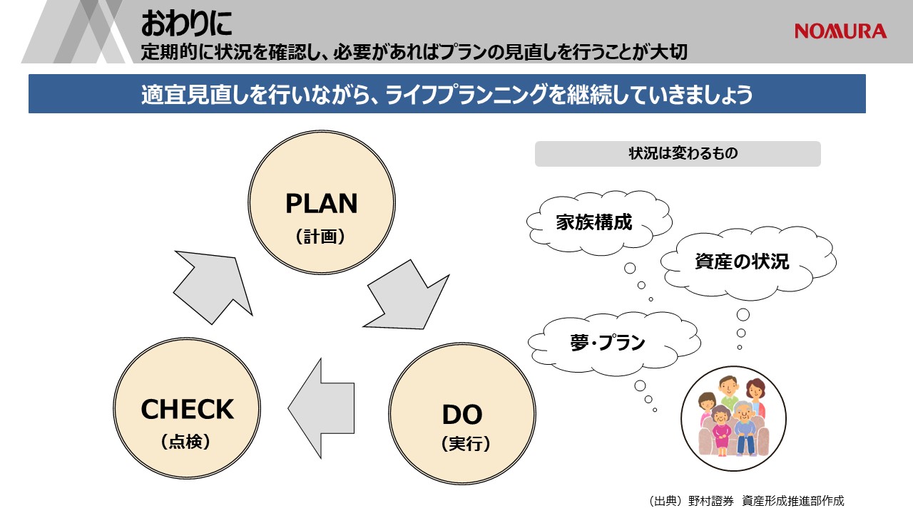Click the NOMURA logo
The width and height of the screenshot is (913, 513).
(x=840, y=31)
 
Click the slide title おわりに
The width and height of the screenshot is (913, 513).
(x=187, y=24)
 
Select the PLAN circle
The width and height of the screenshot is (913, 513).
(x=322, y=202)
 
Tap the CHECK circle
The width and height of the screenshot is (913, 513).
(x=187, y=408)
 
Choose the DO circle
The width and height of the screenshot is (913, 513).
(x=462, y=414)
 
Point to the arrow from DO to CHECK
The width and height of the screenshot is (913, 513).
(x=322, y=408)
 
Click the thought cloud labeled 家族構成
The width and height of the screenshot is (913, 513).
(x=599, y=223)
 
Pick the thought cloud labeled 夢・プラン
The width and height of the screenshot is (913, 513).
(x=614, y=343)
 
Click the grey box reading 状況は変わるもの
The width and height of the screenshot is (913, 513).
(x=678, y=153)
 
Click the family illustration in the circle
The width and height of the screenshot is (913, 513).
(x=734, y=418)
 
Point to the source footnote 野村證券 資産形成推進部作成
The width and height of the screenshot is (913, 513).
(x=747, y=500)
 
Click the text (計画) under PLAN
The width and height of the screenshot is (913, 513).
(x=320, y=236)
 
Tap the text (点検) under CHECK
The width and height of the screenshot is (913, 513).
(x=185, y=441)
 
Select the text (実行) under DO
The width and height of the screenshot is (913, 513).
(x=466, y=443)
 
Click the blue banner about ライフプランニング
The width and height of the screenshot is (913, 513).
(x=447, y=93)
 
